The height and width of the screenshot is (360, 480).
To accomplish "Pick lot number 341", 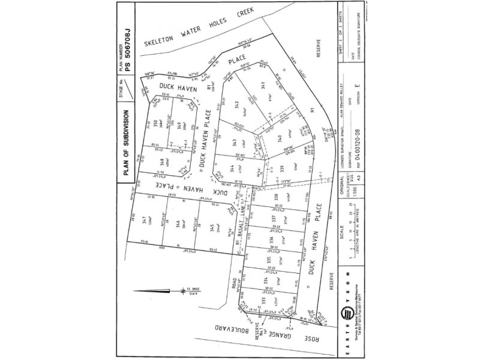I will [x=260, y=87].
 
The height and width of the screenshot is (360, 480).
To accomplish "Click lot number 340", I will [x=280, y=139].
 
